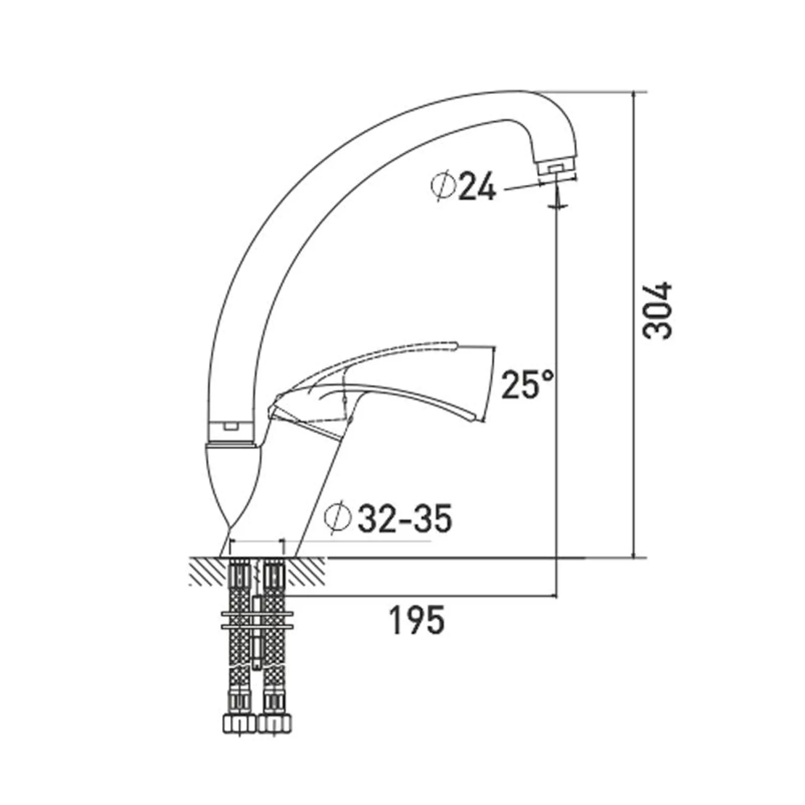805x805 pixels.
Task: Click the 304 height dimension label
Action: (658, 310)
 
